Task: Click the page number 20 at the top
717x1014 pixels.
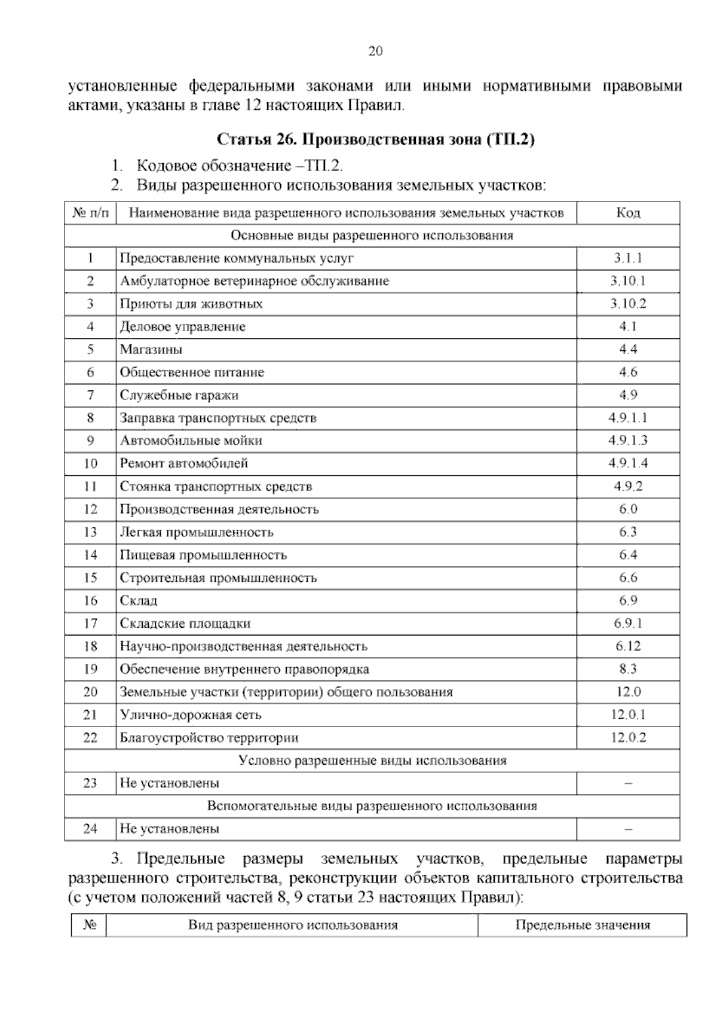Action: [375, 51]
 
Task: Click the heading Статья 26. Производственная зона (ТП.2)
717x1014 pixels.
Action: [375, 140]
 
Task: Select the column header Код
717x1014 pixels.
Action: [628, 213]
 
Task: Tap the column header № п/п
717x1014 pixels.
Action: [90, 213]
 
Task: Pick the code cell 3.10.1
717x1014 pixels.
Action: [628, 281]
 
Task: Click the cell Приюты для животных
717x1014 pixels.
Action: [191, 304]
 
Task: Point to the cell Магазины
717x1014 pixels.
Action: [151, 349]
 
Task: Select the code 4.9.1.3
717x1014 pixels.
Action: [628, 441]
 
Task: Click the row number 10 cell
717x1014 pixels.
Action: [90, 463]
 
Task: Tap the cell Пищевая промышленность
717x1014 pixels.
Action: [203, 555]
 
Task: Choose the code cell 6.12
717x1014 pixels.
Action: [628, 646]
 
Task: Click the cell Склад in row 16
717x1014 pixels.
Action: [139, 600]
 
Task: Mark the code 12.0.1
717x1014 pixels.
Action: [628, 714]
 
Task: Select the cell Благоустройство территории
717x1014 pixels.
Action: [209, 737]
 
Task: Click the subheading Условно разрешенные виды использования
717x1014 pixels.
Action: [372, 760]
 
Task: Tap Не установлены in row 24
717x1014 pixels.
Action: [170, 829]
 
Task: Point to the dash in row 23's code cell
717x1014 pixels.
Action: [628, 784]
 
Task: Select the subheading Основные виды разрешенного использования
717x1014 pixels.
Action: [372, 236]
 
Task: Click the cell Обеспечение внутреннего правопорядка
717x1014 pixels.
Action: [244, 669]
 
